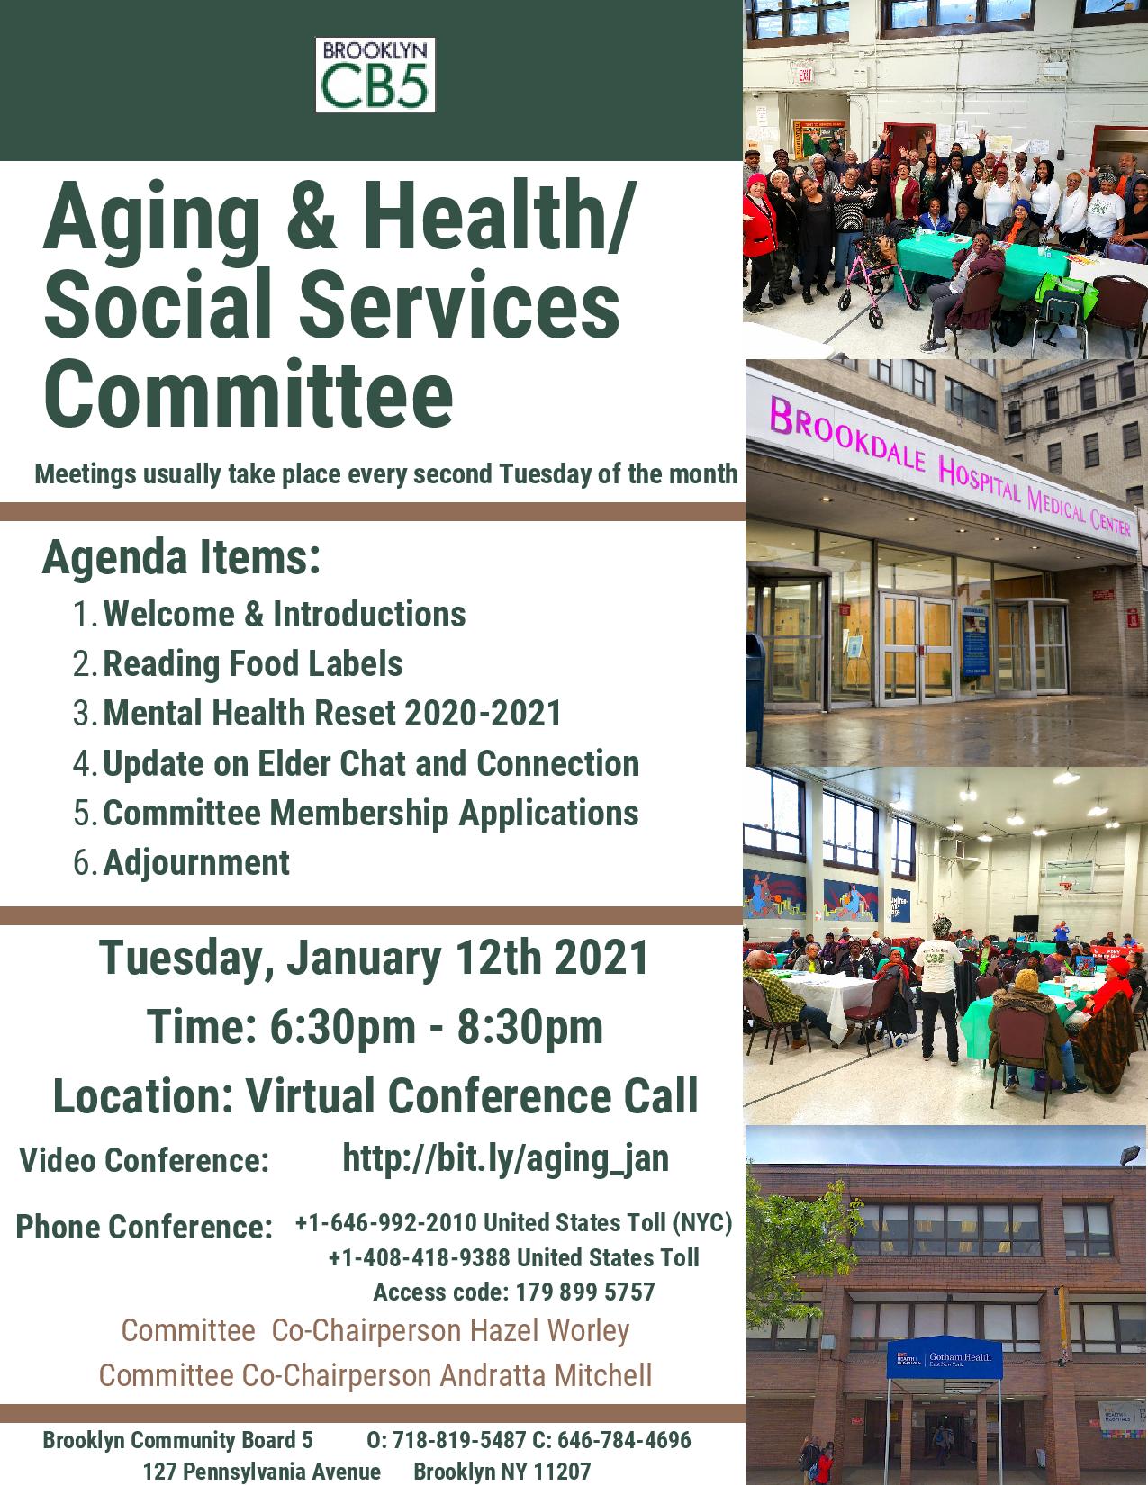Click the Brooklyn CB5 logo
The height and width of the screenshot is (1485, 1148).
(x=375, y=75)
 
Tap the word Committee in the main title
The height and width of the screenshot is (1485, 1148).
(x=249, y=394)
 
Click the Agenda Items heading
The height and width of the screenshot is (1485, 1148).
(x=181, y=557)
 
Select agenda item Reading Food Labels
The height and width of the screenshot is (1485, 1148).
(x=253, y=663)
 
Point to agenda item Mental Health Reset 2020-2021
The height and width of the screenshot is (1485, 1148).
(x=331, y=713)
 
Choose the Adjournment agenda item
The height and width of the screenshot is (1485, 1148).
(x=196, y=862)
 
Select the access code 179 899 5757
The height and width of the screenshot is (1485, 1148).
(x=585, y=1291)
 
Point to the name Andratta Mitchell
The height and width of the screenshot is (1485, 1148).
(x=546, y=1375)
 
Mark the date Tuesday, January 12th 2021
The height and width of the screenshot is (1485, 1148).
(x=374, y=958)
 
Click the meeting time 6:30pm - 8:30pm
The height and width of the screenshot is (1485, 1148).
(x=436, y=1026)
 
